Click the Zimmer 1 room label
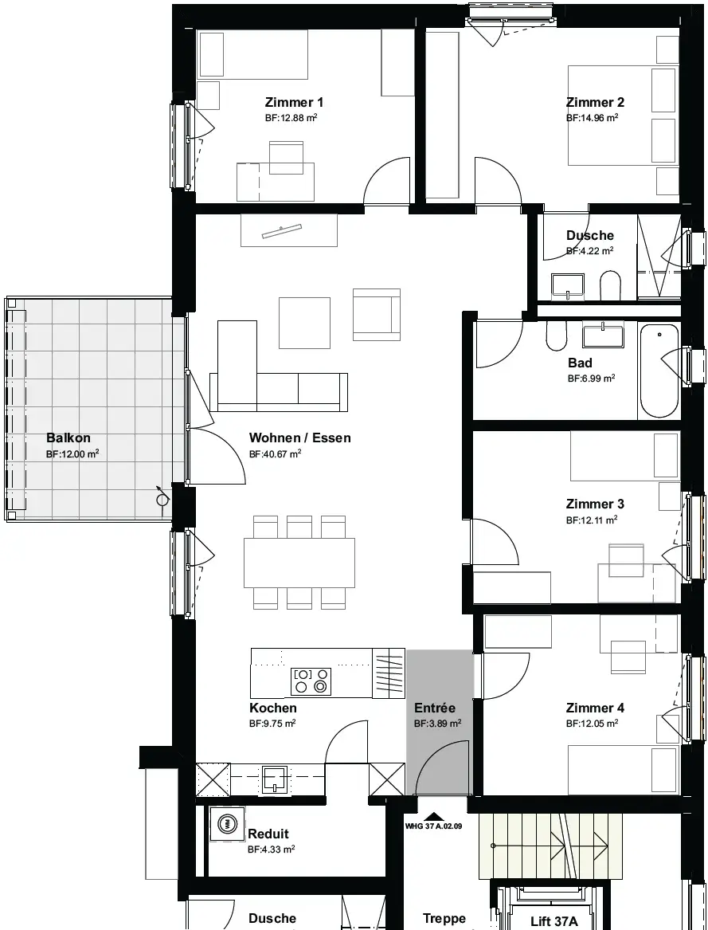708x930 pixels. (x=294, y=102)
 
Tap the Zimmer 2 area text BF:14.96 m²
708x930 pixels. (x=593, y=117)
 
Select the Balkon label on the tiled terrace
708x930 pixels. (x=68, y=438)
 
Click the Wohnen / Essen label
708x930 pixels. (x=300, y=438)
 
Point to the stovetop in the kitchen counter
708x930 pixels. (x=311, y=681)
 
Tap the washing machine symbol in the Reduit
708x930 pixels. (x=227, y=823)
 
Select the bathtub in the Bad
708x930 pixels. (x=659, y=371)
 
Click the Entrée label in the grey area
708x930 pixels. (x=435, y=708)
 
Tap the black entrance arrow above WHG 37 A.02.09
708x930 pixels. (x=433, y=817)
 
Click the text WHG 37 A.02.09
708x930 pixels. (x=433, y=826)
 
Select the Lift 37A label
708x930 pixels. (x=553, y=921)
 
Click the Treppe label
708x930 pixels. (x=444, y=919)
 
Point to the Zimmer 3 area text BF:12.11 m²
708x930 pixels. (x=592, y=520)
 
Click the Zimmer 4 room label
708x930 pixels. (x=595, y=708)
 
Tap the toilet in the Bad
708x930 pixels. (x=557, y=336)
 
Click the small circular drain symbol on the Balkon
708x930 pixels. (x=162, y=500)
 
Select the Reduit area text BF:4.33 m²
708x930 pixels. (x=271, y=850)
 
